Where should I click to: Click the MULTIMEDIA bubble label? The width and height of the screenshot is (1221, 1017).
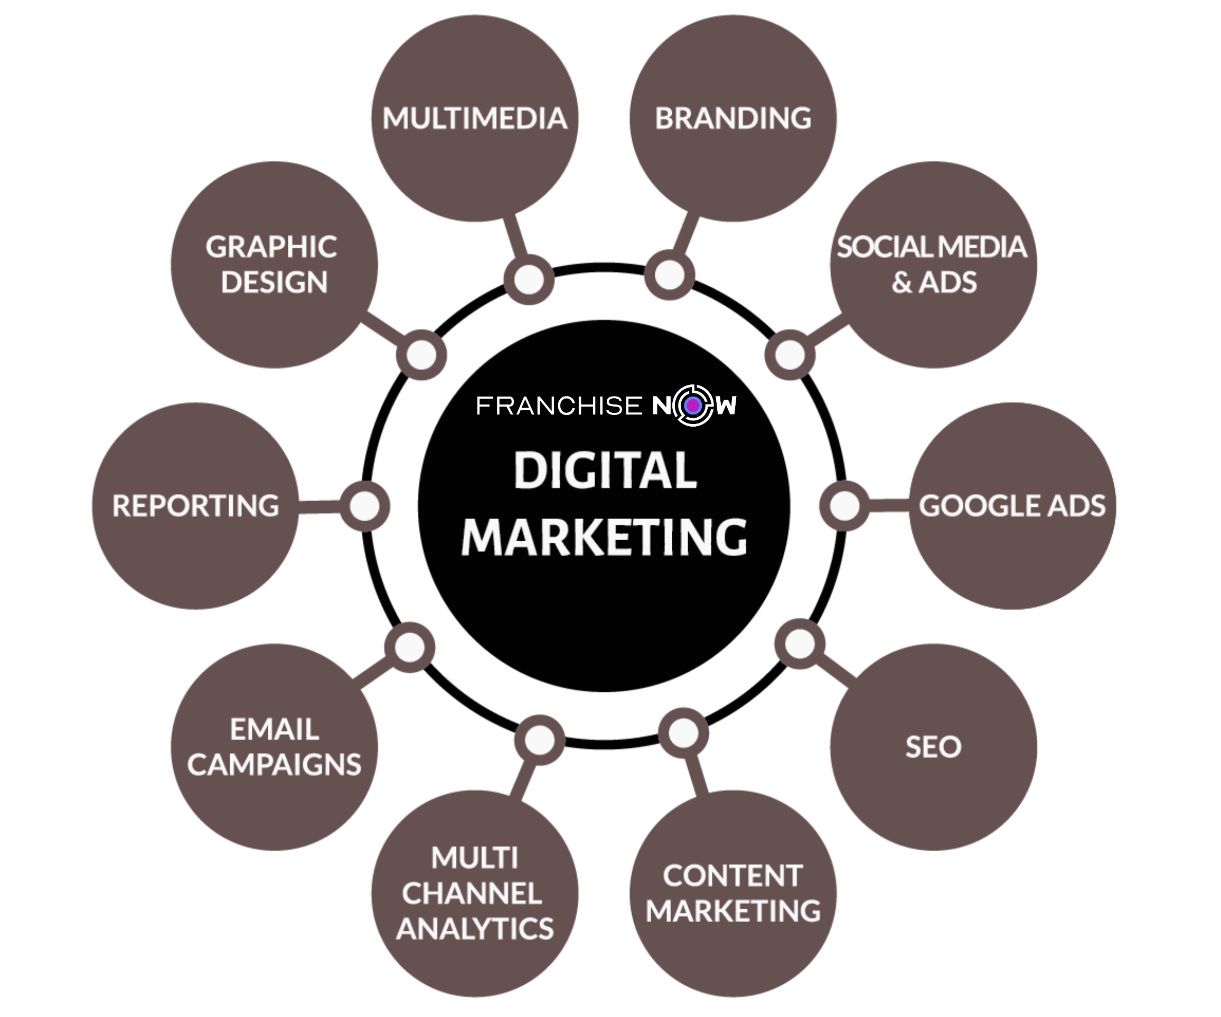(474, 119)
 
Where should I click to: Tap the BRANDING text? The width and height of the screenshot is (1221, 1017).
(732, 119)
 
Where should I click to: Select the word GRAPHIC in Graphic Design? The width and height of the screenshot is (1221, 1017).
(271, 247)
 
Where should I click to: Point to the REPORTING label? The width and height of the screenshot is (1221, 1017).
(195, 505)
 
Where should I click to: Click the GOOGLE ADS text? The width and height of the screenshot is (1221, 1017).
(1012, 505)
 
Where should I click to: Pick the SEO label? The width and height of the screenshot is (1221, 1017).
(933, 747)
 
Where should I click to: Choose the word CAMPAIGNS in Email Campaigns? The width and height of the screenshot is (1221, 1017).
(274, 764)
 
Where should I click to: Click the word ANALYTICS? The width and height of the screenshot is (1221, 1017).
(474, 928)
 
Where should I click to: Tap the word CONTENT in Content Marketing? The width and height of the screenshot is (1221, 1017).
(732, 875)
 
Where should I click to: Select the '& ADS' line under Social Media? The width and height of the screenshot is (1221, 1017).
(934, 282)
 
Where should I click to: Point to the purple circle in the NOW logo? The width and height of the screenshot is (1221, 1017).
(692, 406)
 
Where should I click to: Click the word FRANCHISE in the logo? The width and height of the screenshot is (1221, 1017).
(559, 406)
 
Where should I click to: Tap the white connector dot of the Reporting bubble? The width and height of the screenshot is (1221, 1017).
(364, 506)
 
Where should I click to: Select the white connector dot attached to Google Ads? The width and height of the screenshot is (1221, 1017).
(844, 505)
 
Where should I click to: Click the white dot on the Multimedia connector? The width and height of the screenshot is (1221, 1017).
(529, 280)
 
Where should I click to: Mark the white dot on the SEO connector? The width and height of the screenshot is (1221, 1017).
(800, 644)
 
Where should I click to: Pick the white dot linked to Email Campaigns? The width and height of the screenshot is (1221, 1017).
(410, 647)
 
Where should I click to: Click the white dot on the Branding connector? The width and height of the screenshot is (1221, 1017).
(669, 275)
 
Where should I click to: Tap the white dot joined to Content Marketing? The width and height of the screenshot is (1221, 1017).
(683, 733)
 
